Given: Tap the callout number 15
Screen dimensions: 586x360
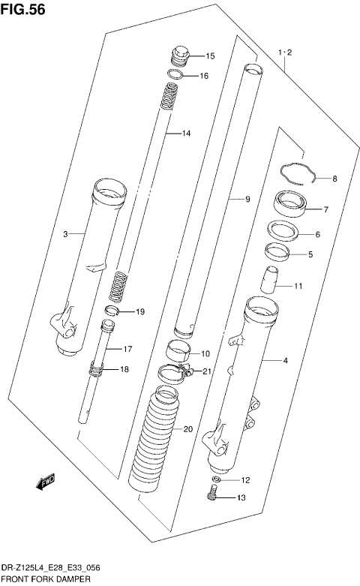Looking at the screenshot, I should [210, 56].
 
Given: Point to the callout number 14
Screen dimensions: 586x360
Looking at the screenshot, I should [186, 134].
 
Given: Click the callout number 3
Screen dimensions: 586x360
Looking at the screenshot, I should [65, 235].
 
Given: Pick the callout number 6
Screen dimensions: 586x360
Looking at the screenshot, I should [317, 235].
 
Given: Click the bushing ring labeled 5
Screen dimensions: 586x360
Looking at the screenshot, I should [277, 253].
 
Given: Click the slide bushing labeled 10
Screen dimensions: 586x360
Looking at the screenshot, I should [177, 350].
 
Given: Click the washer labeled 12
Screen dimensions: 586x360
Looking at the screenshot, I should [215, 479].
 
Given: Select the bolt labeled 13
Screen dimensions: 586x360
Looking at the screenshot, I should [213, 494].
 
